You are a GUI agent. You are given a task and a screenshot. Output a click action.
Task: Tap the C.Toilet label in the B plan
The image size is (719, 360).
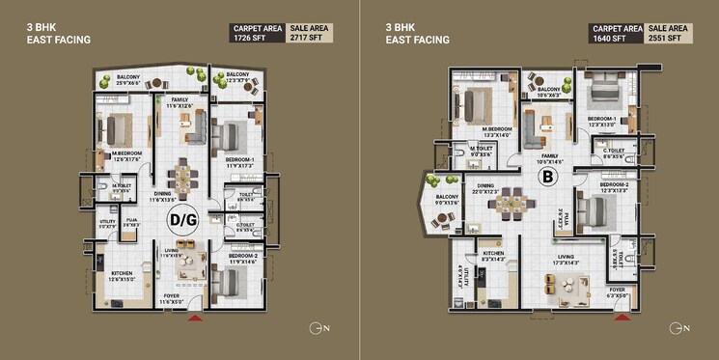point(613,152)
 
